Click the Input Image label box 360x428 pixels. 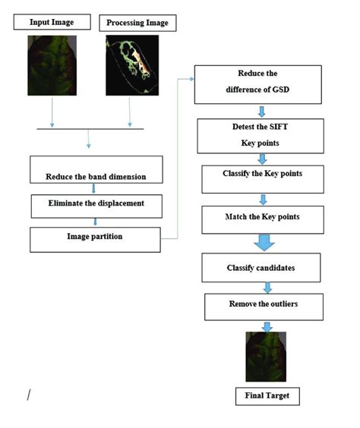click(x=52, y=22)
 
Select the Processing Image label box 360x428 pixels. click(x=137, y=23)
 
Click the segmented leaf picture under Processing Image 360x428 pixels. click(x=131, y=65)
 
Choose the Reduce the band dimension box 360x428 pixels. click(x=96, y=170)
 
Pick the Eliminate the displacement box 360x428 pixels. click(x=95, y=204)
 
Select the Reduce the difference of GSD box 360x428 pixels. click(x=259, y=85)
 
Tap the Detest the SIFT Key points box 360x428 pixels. click(x=260, y=134)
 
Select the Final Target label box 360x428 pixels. click(x=267, y=395)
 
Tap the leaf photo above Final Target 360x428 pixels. click(x=266, y=357)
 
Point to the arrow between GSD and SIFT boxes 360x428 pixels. click(x=261, y=111)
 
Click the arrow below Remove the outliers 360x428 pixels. click(x=267, y=326)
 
